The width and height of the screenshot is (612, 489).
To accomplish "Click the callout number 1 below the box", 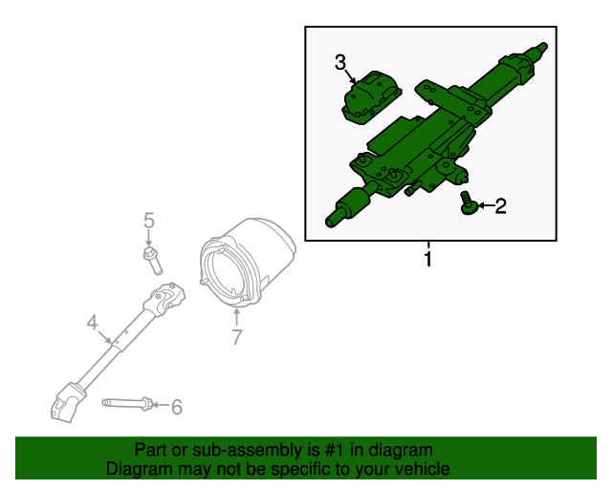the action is (428, 260).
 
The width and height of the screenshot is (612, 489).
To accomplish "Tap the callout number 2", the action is (500, 206).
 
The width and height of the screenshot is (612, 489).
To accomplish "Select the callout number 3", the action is (340, 62).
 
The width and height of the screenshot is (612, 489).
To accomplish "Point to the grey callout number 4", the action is (92, 323).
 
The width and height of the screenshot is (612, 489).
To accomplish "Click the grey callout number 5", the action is (149, 221).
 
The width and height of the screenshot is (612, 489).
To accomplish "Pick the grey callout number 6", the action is (177, 407).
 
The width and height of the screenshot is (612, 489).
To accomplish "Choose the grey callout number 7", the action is (237, 337).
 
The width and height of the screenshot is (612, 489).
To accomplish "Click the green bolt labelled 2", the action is (468, 202).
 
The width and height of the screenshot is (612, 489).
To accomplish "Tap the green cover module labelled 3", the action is (372, 97).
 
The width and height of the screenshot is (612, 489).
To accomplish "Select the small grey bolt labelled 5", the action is (153, 260).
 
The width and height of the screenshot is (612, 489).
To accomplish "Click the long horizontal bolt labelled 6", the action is (127, 403).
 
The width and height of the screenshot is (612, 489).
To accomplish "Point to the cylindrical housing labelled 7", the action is (247, 264).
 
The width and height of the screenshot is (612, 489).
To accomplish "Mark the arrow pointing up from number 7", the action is (236, 317).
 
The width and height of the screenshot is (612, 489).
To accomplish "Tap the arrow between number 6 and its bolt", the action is (161, 405).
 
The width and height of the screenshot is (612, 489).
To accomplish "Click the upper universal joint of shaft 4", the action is (164, 299).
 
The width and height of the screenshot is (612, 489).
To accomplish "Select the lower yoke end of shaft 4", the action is (66, 402).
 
